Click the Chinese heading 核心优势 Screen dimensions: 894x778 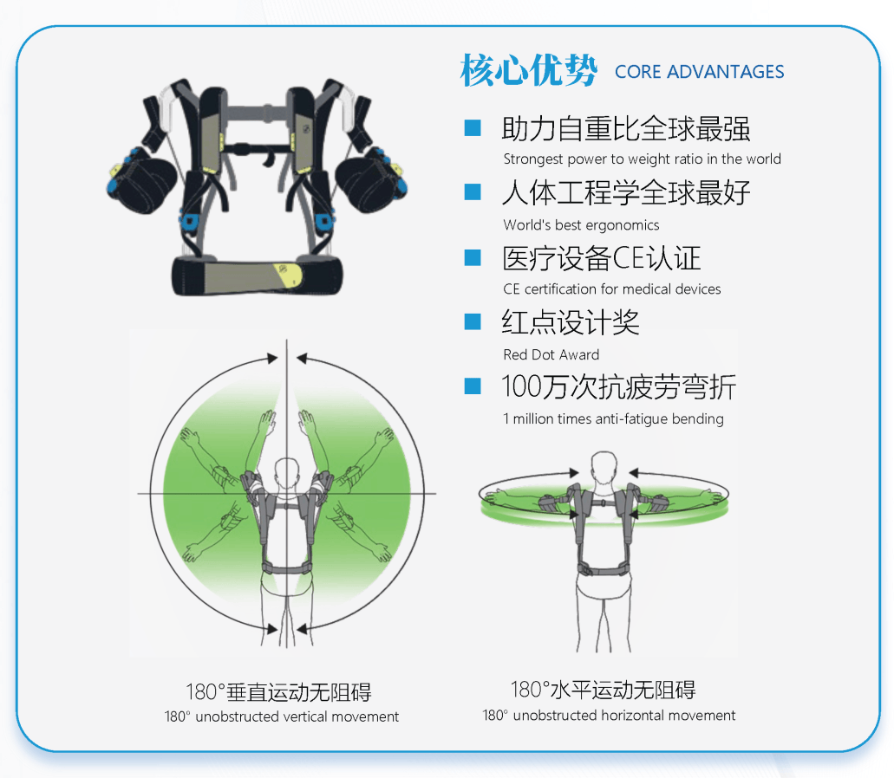point(529,70)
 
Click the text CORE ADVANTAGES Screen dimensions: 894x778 point(699,72)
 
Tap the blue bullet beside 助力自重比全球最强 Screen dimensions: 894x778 point(473,127)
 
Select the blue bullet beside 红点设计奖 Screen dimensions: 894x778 point(473,321)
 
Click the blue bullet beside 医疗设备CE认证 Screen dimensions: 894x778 point(473,257)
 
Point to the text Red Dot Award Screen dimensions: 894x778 point(551,355)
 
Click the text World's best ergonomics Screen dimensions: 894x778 point(581,225)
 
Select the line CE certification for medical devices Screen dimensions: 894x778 point(612,289)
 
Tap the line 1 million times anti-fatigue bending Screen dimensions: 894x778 point(613,419)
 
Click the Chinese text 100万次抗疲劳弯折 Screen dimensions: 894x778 point(618,387)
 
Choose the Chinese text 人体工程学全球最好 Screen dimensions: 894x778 point(625,192)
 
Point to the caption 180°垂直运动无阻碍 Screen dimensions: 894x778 point(279,692)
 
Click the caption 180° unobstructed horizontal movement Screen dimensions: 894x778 point(609,716)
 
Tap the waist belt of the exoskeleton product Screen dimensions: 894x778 point(258,277)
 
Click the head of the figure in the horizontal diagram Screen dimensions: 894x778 point(604,469)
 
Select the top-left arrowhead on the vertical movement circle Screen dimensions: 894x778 point(272,359)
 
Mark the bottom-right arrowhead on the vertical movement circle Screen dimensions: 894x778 point(302,629)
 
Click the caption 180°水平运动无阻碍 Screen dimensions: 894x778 point(604,690)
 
